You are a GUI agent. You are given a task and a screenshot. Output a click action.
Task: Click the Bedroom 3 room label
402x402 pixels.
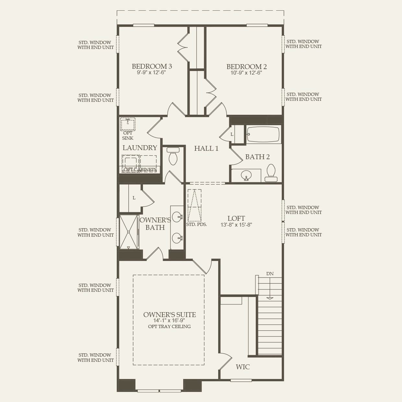(x=152, y=66)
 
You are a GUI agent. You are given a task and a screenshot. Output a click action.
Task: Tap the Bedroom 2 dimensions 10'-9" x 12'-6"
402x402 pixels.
(x=246, y=73)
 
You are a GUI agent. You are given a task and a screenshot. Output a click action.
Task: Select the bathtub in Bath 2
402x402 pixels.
(x=263, y=134)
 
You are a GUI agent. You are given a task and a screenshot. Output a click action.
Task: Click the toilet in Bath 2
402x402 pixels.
(x=271, y=172)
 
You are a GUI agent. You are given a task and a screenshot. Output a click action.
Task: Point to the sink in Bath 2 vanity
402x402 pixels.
(x=246, y=175)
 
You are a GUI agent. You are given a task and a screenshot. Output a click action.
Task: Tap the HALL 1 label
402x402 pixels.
(x=206, y=148)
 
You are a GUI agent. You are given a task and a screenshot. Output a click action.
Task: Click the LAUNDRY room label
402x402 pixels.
(x=140, y=148)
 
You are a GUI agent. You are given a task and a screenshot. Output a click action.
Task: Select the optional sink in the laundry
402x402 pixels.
(x=128, y=124)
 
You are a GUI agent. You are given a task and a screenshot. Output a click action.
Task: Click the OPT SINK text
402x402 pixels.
(x=128, y=136)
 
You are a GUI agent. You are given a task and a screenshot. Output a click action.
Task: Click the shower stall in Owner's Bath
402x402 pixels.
(x=129, y=232)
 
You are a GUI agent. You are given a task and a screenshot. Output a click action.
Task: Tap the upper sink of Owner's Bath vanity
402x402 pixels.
(x=177, y=217)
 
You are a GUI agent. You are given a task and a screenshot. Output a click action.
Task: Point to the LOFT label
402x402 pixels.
(x=236, y=219)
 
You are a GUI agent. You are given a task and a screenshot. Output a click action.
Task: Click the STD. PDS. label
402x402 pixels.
(x=196, y=224)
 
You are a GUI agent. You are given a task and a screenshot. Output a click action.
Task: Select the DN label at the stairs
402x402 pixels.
(x=270, y=274)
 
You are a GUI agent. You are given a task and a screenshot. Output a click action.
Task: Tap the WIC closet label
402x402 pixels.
(x=242, y=367)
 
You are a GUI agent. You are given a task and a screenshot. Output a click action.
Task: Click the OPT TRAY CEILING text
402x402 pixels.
(x=169, y=326)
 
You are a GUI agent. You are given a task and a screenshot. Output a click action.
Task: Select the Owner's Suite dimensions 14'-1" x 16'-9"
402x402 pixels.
(x=169, y=320)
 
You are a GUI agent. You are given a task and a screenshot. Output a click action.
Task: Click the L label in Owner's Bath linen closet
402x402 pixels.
(x=134, y=198)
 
